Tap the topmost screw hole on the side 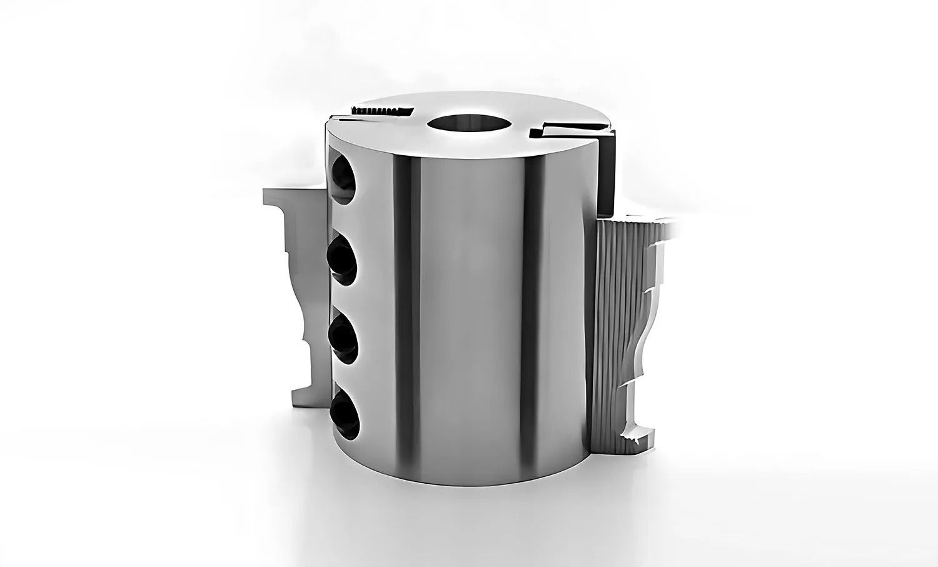(x=343, y=178)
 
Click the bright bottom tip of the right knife (x=638, y=432)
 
